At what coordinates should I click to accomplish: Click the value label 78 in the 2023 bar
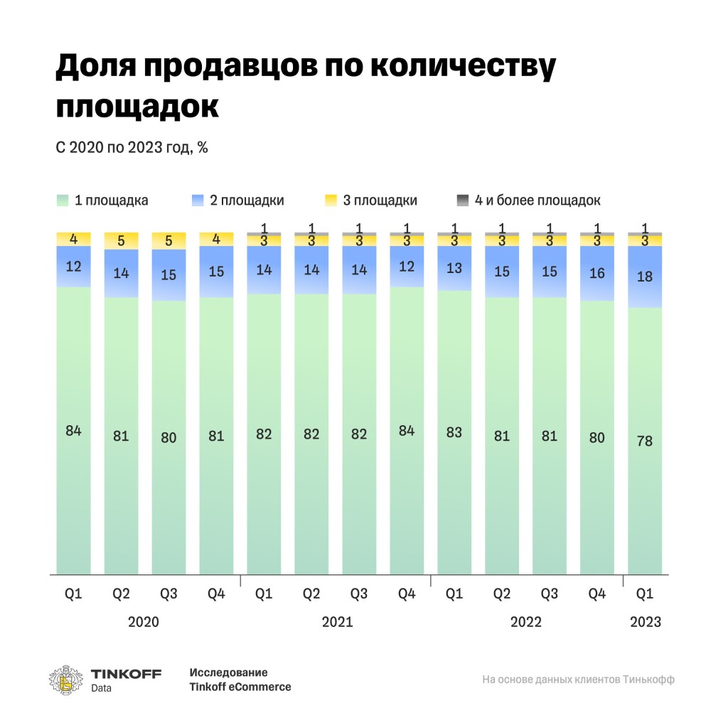point(645,441)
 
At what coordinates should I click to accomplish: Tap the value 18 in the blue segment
point(645,277)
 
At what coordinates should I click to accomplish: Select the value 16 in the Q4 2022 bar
point(597,273)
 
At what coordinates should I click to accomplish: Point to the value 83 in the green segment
point(454,432)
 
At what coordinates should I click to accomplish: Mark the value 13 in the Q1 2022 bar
point(454,268)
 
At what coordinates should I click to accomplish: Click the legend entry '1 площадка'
point(103,200)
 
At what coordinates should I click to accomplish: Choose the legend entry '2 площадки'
point(238,200)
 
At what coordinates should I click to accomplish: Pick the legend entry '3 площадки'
point(370,200)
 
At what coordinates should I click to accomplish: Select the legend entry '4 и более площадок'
point(529,200)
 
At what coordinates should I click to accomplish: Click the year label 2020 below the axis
point(144,622)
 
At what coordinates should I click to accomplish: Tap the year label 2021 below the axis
point(337,622)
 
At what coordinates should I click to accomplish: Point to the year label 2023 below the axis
point(645,622)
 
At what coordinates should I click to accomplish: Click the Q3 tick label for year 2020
point(168,594)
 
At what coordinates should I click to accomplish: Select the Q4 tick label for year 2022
point(597,594)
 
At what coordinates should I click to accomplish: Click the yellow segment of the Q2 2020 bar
point(121,241)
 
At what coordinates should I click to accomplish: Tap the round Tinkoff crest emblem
point(65,680)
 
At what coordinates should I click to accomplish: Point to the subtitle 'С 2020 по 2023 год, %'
point(132,148)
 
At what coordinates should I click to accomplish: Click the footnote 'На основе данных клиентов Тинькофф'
point(578,680)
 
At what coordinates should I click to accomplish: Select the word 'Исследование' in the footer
point(228,673)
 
